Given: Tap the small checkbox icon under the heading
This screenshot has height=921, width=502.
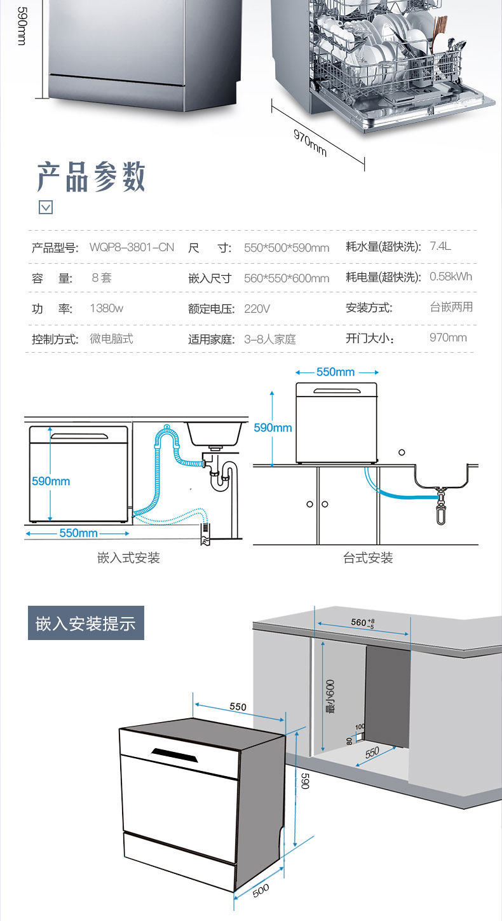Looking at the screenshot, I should coord(46,207).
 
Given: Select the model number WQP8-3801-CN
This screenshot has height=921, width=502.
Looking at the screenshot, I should coord(132,247).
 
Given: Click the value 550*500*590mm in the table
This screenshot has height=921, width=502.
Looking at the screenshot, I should coord(287,247).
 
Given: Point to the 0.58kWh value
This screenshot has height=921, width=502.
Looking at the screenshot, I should coord(451,276).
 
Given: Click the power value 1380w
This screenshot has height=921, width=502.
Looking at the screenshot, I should coord(106,308).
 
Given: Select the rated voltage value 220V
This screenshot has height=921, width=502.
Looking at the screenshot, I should coord(257,309).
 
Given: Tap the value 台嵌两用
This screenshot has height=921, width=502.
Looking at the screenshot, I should coord(451,307).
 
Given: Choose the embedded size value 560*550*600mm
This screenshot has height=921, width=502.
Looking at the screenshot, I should coord(287,278).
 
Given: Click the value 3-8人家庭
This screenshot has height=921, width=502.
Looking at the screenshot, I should coord(270,339).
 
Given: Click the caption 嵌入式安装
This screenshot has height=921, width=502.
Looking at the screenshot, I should coord(128,557).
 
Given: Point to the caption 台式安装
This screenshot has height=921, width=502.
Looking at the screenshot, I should coord(368,557).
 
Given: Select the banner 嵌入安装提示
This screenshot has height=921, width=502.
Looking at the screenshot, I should coord(86,623).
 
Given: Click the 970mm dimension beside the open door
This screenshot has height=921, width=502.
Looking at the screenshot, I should coord(310,142).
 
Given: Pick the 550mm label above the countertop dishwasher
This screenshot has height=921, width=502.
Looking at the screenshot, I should coord(336,372).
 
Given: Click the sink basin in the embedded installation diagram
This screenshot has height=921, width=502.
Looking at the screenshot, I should coord(215,433).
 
